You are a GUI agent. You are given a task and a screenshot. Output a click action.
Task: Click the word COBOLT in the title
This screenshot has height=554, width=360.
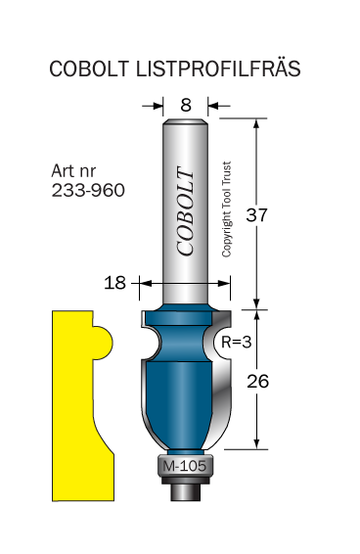click(89, 69)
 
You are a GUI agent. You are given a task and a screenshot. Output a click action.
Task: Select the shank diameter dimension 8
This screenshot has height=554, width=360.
click(186, 105)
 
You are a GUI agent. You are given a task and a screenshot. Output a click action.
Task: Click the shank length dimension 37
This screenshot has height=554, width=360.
click(256, 214)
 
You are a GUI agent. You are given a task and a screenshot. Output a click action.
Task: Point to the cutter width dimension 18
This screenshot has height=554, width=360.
click(114, 283)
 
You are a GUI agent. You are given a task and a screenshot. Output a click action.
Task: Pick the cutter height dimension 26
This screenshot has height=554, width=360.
click(257, 381)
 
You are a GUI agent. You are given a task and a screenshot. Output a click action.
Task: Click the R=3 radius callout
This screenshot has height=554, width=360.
click(237, 342)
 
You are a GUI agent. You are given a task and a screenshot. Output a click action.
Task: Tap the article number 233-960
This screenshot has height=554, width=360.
click(88, 190)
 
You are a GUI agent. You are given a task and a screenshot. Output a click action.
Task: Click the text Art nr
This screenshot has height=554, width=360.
click(73, 171)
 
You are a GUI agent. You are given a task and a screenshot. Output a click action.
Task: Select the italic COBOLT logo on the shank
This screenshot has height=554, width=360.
click(185, 210)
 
